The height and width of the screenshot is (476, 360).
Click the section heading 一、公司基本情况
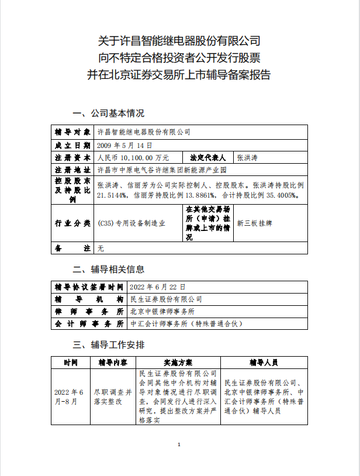pyautogui.click(x=108, y=113)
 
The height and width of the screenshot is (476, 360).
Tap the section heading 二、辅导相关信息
pyautogui.click(x=108, y=270)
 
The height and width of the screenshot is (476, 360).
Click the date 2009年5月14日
pyautogui.click(x=124, y=145)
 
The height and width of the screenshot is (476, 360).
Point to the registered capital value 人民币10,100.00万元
pyautogui.click(x=133, y=158)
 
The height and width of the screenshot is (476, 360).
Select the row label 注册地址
pyautogui.click(x=72, y=170)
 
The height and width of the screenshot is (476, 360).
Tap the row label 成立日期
pyautogui.click(x=72, y=145)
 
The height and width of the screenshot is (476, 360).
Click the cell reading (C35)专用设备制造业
pyautogui.click(x=131, y=223)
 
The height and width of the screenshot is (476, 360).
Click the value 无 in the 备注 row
pyautogui.click(x=101, y=248)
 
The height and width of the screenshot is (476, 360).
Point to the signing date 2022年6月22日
pyautogui.click(x=158, y=287)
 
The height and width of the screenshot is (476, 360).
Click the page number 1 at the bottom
pyautogui.click(x=179, y=446)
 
